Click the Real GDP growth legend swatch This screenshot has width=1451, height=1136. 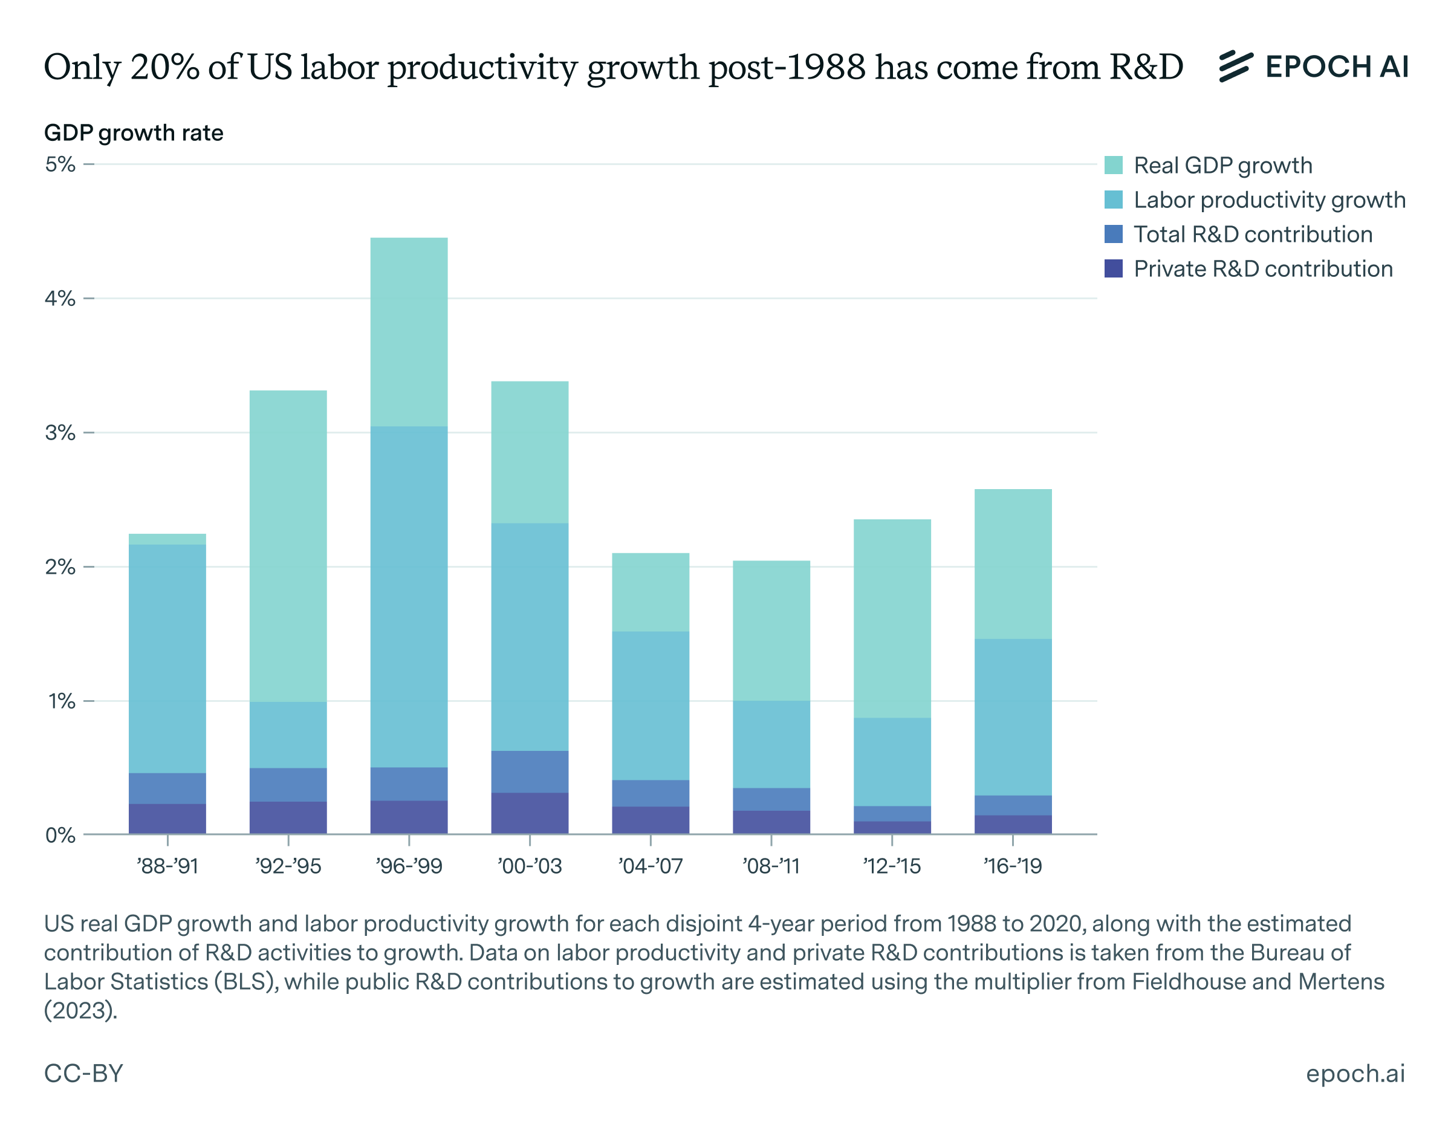click(x=1113, y=165)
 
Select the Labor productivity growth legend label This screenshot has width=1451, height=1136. click(x=1269, y=200)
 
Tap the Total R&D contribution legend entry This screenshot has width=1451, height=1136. click(x=1253, y=234)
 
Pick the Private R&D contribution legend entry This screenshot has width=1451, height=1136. click(x=1262, y=268)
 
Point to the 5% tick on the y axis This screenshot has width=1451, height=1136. click(x=60, y=164)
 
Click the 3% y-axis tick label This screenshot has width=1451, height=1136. click(x=60, y=433)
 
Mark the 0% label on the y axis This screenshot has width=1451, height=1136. click(x=60, y=836)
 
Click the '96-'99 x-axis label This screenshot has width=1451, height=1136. click(x=409, y=866)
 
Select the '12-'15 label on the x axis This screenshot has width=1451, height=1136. click(x=892, y=866)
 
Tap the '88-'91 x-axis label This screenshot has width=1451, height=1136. click(x=167, y=866)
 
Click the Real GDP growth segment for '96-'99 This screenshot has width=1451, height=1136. click(x=409, y=331)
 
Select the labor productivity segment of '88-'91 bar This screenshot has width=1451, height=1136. click(x=167, y=658)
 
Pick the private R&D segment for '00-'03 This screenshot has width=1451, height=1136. click(x=530, y=813)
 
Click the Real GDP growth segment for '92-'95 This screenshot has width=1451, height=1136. click(x=288, y=545)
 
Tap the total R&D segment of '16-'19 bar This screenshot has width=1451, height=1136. click(x=1013, y=805)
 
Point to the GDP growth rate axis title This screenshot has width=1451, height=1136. click(x=134, y=133)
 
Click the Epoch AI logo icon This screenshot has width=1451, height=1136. click(x=1236, y=67)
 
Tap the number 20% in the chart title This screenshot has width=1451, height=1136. click(x=165, y=67)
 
